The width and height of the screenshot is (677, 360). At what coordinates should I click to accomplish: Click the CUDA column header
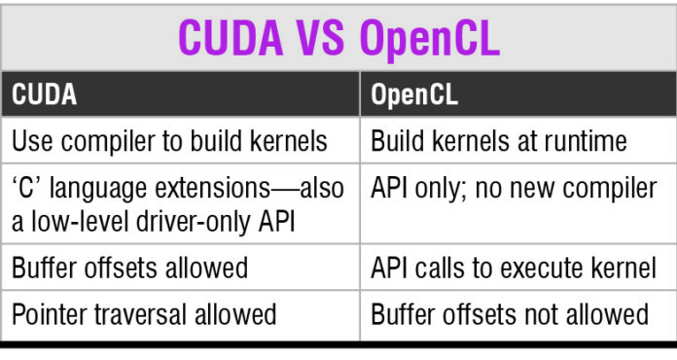pyautogui.click(x=44, y=97)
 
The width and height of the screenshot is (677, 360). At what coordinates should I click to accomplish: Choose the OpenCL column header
pyautogui.click(x=417, y=97)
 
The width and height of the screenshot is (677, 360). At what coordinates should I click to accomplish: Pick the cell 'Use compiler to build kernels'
pyautogui.click(x=169, y=142)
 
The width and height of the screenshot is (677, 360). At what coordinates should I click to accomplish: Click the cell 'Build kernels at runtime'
pyautogui.click(x=499, y=142)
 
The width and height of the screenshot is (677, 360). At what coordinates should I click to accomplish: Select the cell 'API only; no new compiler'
pyautogui.click(x=514, y=188)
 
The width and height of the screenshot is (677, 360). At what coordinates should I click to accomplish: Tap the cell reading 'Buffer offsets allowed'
pyautogui.click(x=129, y=267)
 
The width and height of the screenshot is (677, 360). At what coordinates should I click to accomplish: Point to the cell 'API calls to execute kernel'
pyautogui.click(x=514, y=267)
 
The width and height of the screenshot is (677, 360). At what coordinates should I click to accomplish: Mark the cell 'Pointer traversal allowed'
pyautogui.click(x=144, y=314)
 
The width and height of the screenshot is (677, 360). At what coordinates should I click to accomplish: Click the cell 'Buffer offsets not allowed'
pyautogui.click(x=510, y=314)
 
